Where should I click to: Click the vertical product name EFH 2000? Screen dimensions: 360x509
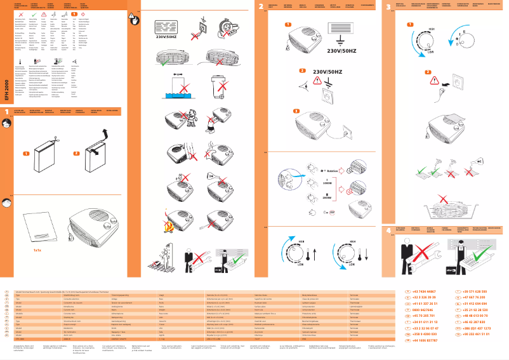coord(6,90)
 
